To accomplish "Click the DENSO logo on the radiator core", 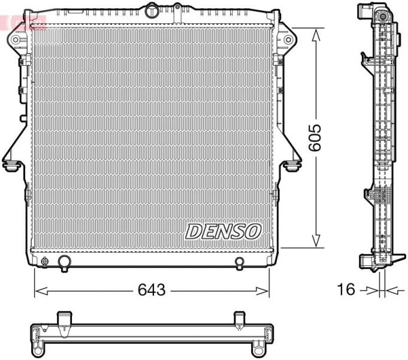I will (x=223, y=231).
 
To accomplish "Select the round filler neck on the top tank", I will (x=152, y=10).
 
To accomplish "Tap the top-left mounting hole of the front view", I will (x=16, y=40).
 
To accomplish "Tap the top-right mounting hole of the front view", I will (x=288, y=40).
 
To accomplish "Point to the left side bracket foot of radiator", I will (x=11, y=164).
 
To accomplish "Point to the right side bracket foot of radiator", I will (x=293, y=164).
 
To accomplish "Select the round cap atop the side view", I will (x=381, y=16).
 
